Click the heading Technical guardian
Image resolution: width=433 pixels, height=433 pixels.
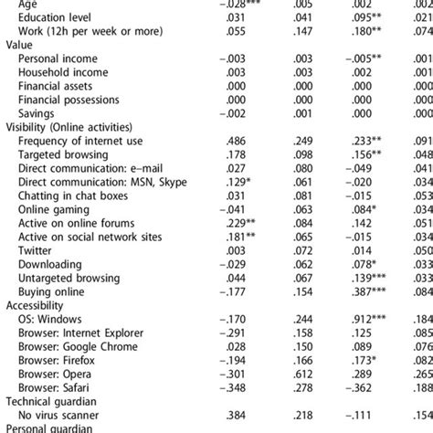click(x=54, y=402)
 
